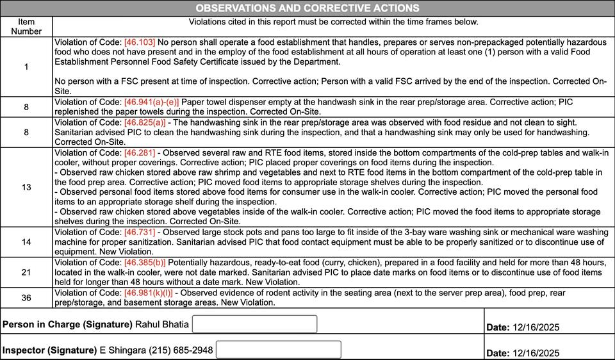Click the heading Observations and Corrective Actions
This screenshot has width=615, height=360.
[x=307, y=8]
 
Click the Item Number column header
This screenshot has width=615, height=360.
[x=26, y=26]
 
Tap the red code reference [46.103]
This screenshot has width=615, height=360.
[x=140, y=42]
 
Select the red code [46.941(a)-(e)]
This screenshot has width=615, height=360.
[x=152, y=102]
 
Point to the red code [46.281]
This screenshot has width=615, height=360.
[x=140, y=153]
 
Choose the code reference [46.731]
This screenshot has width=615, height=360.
[x=140, y=232]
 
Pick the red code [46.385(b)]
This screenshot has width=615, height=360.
[x=145, y=263]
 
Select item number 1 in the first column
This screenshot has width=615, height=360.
[x=26, y=67]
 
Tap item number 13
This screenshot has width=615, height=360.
[x=26, y=187]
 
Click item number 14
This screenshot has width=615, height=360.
[x=26, y=242]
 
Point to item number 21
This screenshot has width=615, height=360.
[x=26, y=272]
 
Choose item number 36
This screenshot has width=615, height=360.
[x=26, y=297]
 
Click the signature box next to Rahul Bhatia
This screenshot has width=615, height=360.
[x=254, y=324]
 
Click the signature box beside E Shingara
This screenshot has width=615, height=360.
[x=278, y=350]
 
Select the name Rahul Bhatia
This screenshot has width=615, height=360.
[x=162, y=325]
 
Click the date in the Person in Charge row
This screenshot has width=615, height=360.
[x=536, y=327]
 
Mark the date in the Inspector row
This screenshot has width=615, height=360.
[x=536, y=353]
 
